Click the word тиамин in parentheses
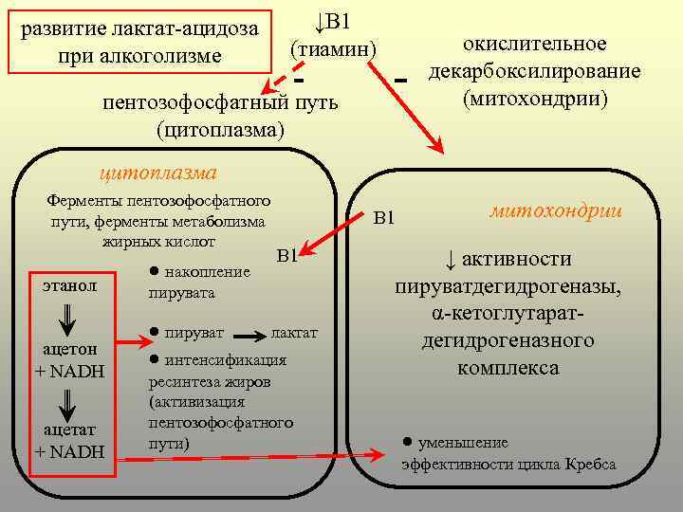pyautogui.click(x=333, y=46)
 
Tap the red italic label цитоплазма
pyautogui.click(x=158, y=172)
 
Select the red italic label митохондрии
pyautogui.click(x=556, y=211)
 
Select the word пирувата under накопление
pyautogui.click(x=181, y=293)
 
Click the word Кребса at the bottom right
pyautogui.click(x=591, y=465)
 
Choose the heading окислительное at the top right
pyautogui.click(x=534, y=45)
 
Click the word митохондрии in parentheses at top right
pyautogui.click(x=535, y=98)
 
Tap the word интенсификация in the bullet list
pyautogui.click(x=226, y=361)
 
